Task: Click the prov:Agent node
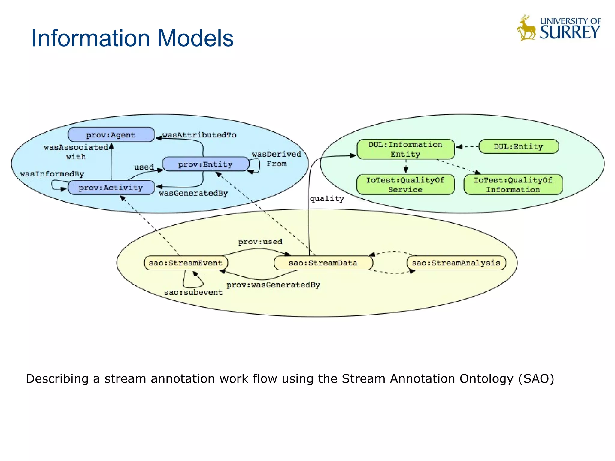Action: pyautogui.click(x=111, y=135)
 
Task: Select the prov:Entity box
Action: pyautogui.click(x=205, y=164)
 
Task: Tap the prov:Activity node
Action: pyautogui.click(x=111, y=188)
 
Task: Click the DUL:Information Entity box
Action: pyautogui.click(x=405, y=149)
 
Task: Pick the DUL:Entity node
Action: pyautogui.click(x=519, y=147)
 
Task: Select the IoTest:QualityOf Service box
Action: pyautogui.click(x=405, y=185)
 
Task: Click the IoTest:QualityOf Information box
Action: pyautogui.click(x=513, y=185)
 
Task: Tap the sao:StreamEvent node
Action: pyautogui.click(x=186, y=263)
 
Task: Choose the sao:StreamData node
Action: pyautogui.click(x=323, y=263)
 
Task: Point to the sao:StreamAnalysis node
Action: pyautogui.click(x=456, y=263)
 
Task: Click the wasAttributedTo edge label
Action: pyautogui.click(x=199, y=135)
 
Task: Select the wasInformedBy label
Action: pyautogui.click(x=52, y=174)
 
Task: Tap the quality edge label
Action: pyautogui.click(x=327, y=199)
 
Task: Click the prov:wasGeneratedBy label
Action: pyautogui.click(x=273, y=285)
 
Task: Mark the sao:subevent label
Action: pyautogui.click(x=193, y=292)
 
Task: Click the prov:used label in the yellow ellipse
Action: pyautogui.click(x=260, y=242)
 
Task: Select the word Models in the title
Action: pyautogui.click(x=195, y=38)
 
